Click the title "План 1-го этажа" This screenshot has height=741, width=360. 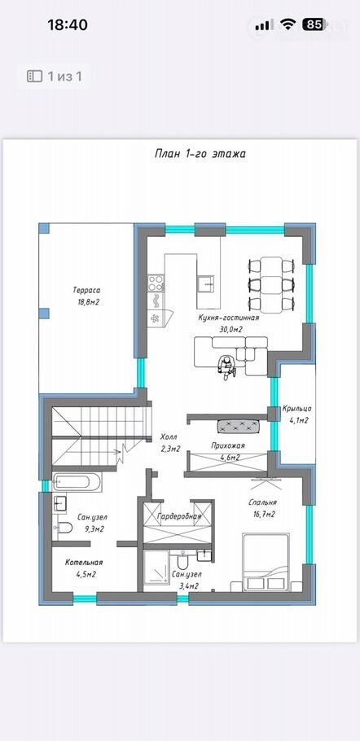[200, 154]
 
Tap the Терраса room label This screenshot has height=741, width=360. [86, 290]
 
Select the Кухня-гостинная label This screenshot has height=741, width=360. [229, 318]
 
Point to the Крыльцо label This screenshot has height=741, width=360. [296, 409]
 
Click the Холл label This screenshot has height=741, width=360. [169, 438]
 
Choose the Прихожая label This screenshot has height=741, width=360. [228, 445]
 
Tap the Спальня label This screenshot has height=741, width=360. [263, 503]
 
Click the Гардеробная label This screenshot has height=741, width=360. [179, 516]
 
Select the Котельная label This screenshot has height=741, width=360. [84, 563]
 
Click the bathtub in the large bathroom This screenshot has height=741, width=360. [77, 482]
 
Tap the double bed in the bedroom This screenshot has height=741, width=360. [266, 562]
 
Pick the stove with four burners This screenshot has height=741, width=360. [156, 283]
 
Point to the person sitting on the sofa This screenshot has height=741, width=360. [226, 367]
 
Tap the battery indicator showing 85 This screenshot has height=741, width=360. [314, 24]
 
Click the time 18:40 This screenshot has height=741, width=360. [68, 24]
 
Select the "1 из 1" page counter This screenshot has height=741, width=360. [64, 76]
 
